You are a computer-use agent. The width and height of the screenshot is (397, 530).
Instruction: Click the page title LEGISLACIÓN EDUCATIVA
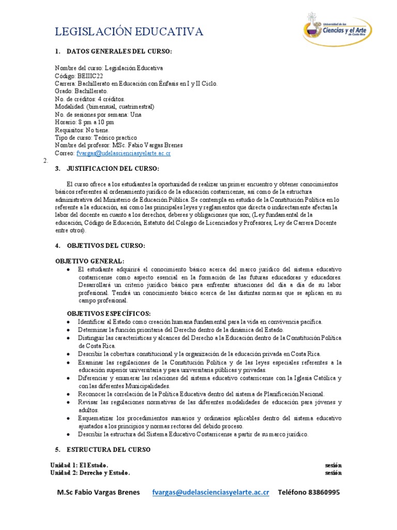pos(129,32)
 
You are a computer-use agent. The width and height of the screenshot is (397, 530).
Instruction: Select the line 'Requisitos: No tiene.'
pos(82,130)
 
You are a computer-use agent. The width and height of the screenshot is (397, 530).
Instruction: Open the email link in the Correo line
pos(124,153)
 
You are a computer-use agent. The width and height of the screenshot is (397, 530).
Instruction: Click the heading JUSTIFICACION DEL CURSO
pos(114,169)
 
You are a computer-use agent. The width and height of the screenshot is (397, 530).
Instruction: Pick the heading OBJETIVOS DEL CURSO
pos(107,245)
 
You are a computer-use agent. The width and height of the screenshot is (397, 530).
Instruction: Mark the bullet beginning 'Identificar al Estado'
pos(200,321)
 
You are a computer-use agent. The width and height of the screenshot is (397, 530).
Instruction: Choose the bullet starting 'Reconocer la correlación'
pos(201,394)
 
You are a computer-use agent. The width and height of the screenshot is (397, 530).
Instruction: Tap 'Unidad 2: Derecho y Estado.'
pos(90,473)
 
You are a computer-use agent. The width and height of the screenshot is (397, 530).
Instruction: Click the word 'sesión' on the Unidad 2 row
pos(333,473)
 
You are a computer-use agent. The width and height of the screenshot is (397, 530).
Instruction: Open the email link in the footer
pos(210,492)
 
